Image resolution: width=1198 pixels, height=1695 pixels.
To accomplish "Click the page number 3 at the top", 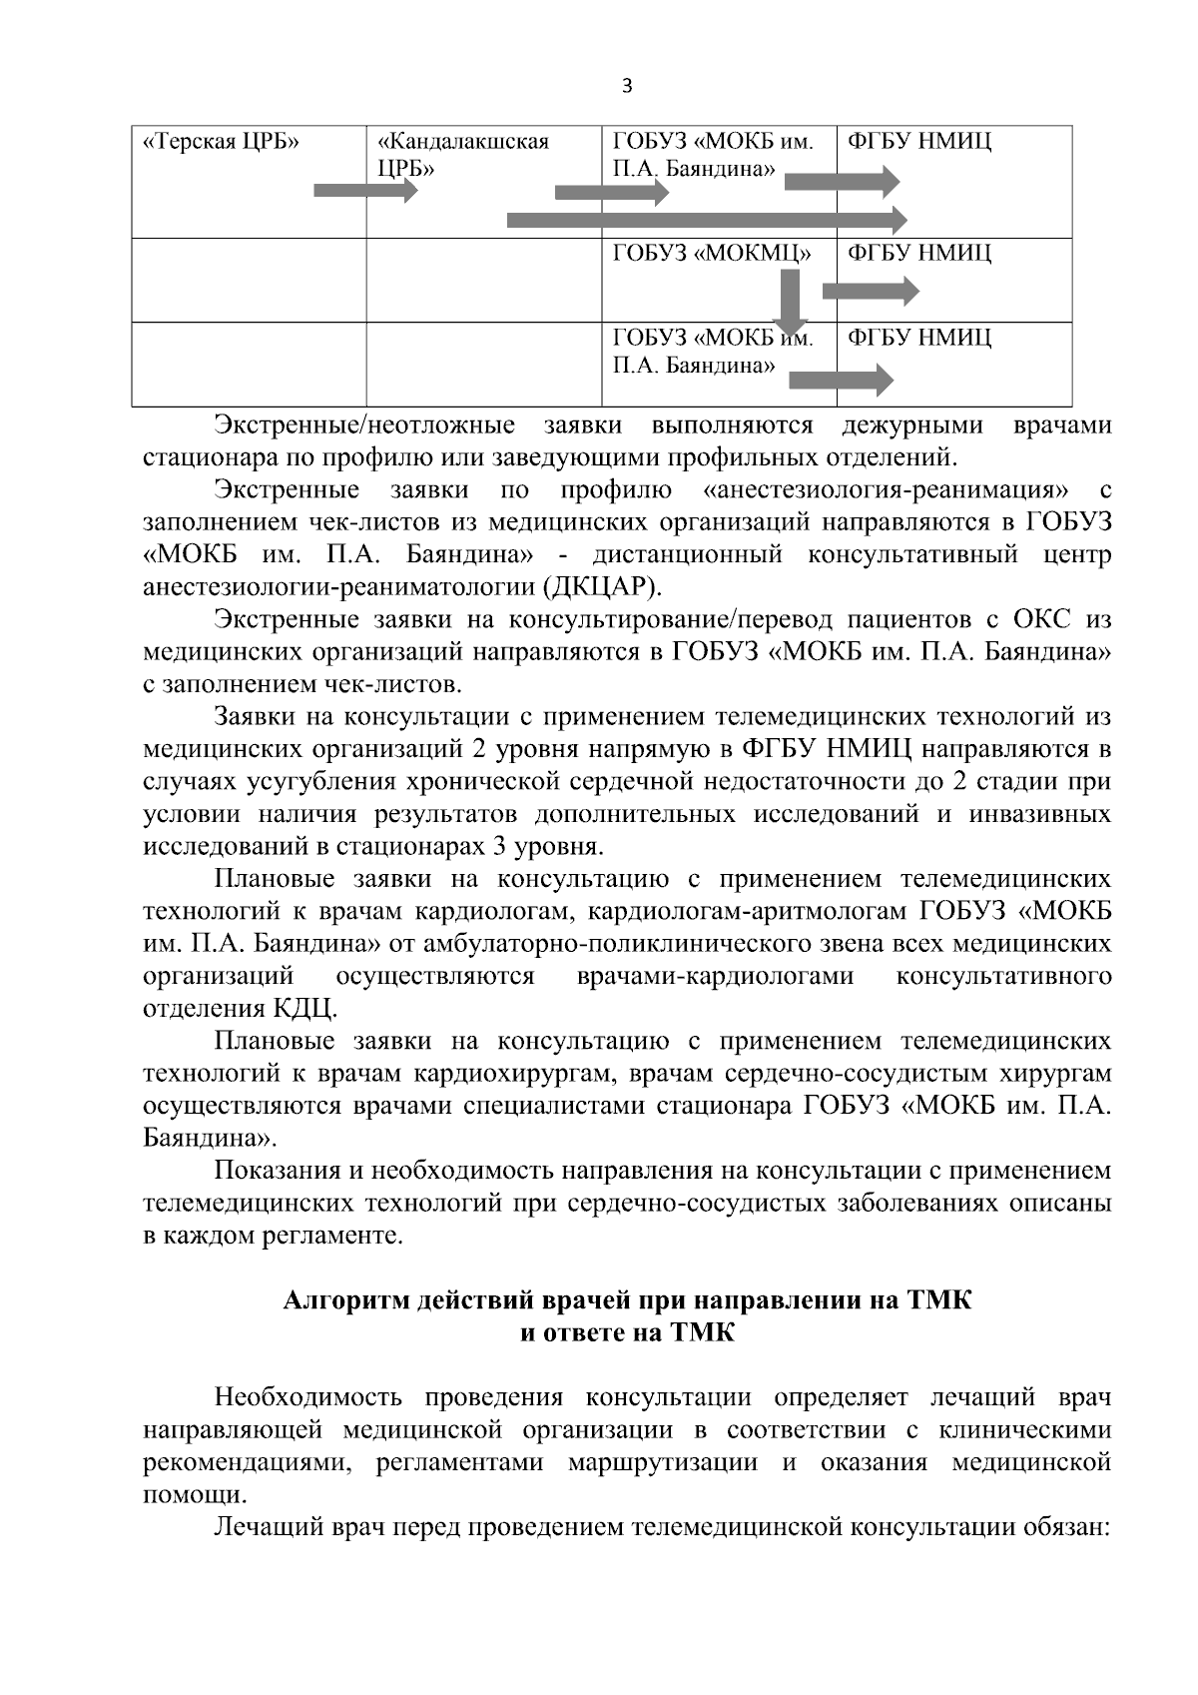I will tap(627, 86).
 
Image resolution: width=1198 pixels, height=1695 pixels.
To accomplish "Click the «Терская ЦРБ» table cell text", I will tap(223, 142).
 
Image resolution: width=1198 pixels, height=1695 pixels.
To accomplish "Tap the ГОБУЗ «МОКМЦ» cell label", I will tap(711, 254).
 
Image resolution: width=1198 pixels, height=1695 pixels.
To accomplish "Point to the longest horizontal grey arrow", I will tap(707, 219).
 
